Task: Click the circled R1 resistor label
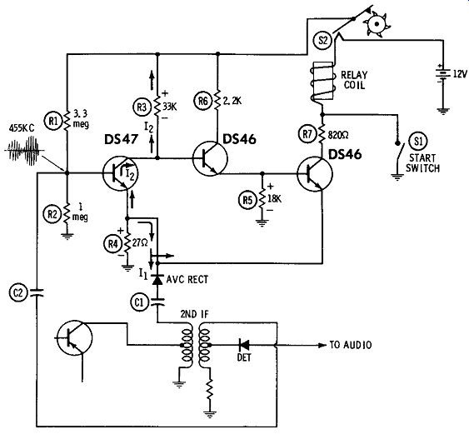click(53, 121)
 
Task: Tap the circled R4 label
click(112, 244)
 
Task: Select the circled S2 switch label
click(322, 39)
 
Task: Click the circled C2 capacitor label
click(18, 292)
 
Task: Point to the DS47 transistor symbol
click(120, 172)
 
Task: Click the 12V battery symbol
click(443, 73)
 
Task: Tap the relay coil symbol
click(322, 82)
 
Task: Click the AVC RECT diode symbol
click(157, 279)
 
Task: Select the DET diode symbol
click(244, 345)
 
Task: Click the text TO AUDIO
click(351, 345)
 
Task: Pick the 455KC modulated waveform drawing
click(24, 151)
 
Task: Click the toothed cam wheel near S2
click(377, 24)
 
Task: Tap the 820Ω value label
click(338, 136)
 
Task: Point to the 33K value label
click(170, 107)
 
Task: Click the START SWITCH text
click(422, 163)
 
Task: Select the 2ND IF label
click(194, 314)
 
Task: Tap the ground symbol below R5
click(262, 222)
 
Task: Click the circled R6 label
click(203, 101)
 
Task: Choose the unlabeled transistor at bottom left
click(74, 338)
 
